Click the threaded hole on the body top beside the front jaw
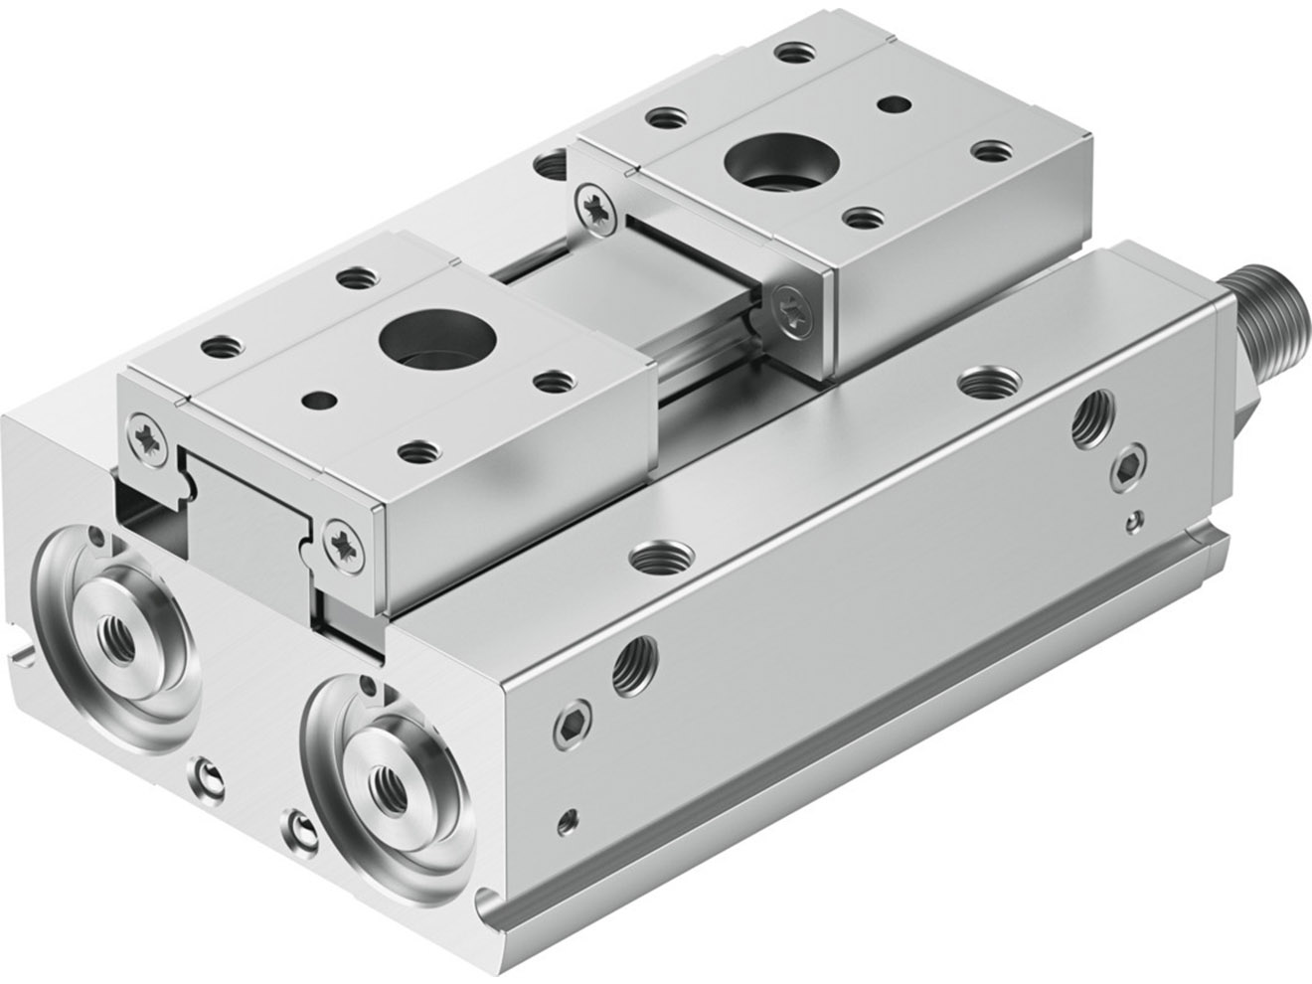[x=657, y=553]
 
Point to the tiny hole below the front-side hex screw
[x=568, y=819]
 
